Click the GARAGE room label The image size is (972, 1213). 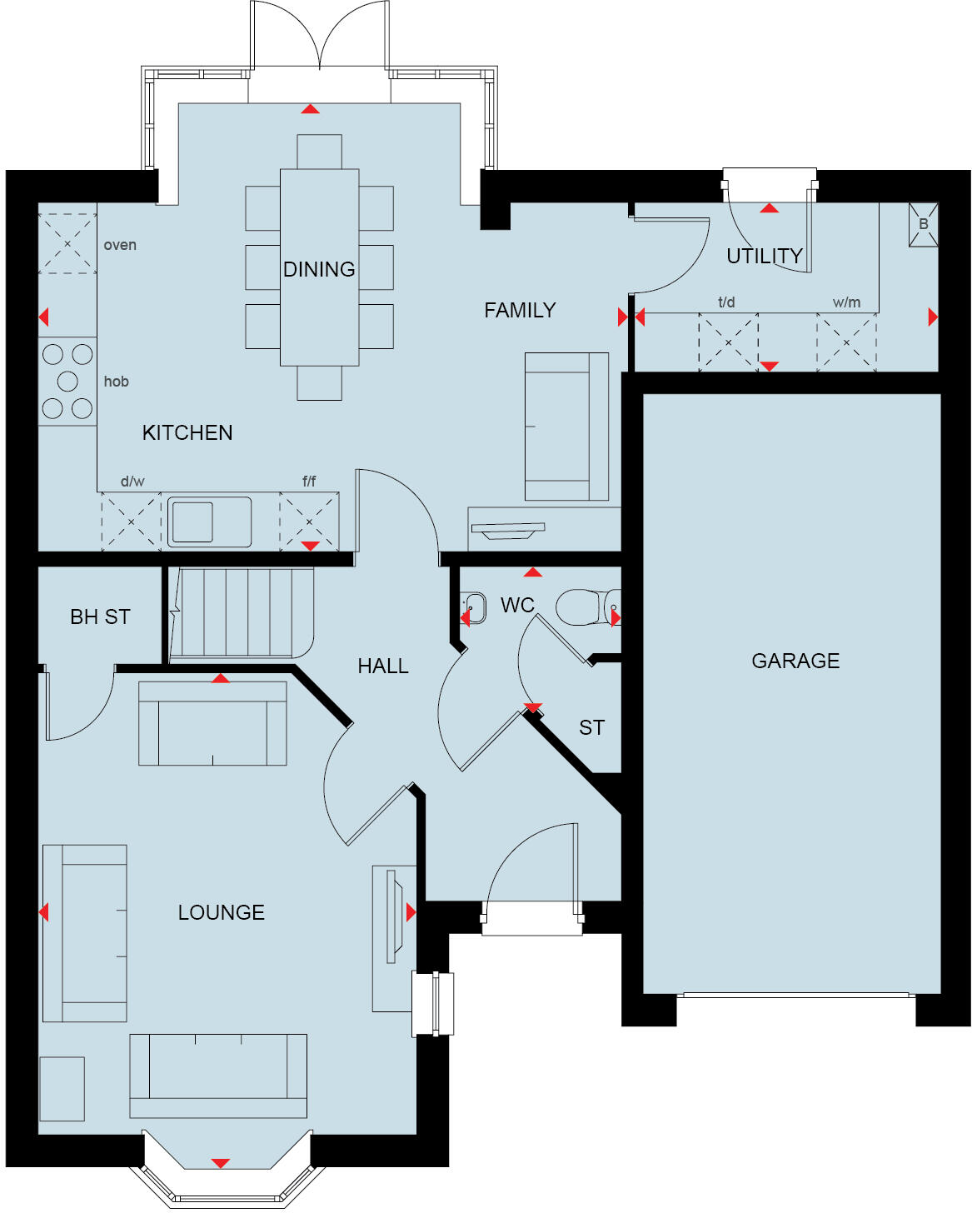795,661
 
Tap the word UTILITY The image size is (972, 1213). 765,256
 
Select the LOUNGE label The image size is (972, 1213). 221,912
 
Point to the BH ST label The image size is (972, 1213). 100,616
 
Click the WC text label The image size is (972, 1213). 517,605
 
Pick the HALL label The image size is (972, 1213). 383,666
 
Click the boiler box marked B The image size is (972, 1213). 923,225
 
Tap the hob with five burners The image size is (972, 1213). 67,381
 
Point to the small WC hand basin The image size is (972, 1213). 474,607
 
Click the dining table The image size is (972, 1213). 319,267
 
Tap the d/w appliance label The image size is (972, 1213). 132,481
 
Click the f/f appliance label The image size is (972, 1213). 309,481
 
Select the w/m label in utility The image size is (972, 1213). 846,302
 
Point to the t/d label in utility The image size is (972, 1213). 726,302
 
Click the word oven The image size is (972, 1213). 120,245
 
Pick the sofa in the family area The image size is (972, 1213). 566,426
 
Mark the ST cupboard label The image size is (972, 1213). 591,727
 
